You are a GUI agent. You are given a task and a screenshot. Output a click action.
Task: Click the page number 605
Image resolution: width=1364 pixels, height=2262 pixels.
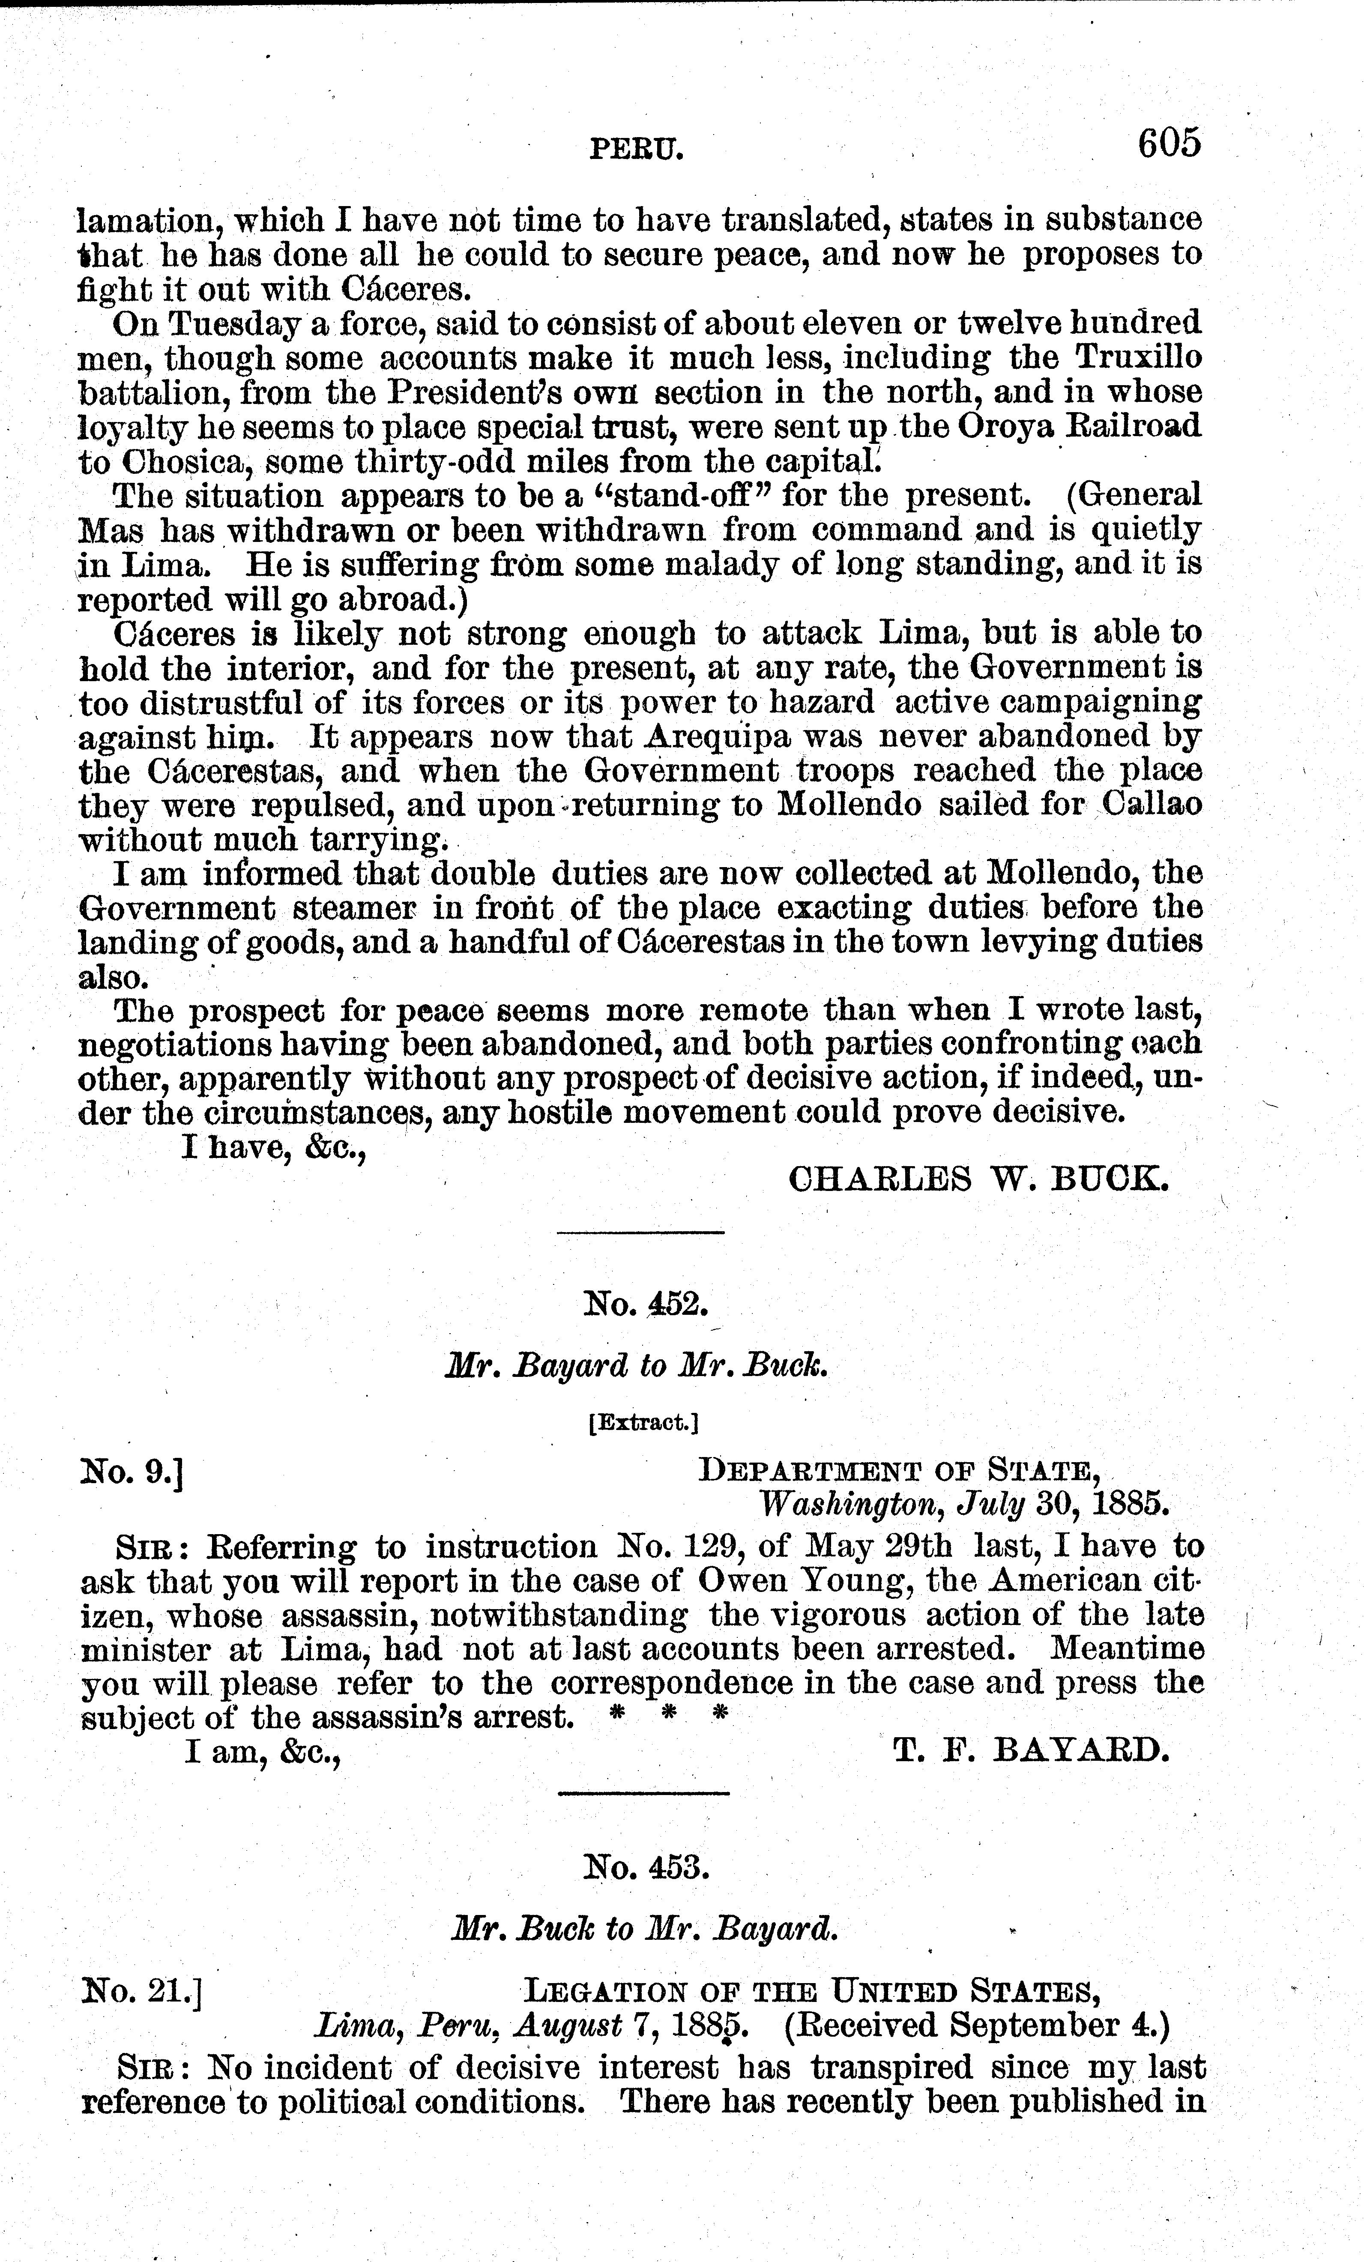(x=1169, y=144)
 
